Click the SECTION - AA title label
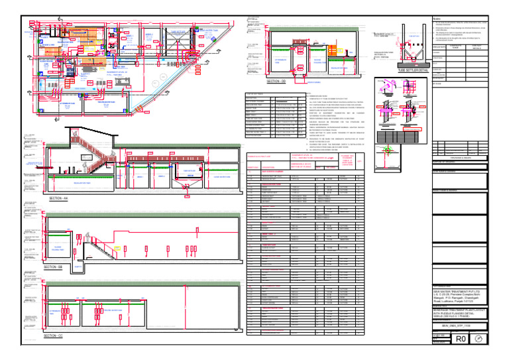pos(58,198)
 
